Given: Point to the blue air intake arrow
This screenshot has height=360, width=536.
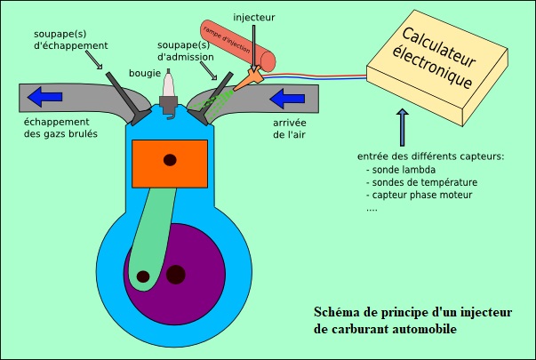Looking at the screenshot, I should [287, 98].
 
